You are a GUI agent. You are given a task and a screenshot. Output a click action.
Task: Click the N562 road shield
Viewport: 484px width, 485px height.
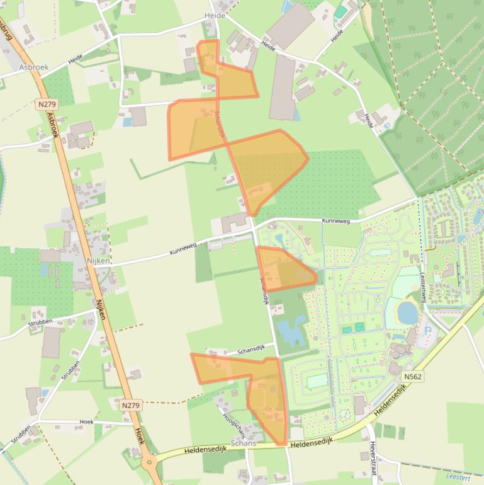pos(413,377)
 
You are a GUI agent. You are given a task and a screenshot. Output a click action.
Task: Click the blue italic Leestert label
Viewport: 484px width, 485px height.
pos(458,477)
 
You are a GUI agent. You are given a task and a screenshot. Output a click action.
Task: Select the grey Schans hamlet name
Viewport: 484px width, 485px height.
pos(244,443)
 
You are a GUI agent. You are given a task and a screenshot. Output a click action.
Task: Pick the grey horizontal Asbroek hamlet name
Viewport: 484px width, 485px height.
pos(33,67)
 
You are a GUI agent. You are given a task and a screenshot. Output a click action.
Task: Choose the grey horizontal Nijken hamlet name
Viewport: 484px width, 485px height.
pos(99,260)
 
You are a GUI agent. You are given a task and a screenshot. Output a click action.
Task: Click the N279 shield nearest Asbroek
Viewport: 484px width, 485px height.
pos(45,104)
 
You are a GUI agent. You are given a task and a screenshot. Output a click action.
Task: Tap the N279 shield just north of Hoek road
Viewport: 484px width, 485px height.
pos(130,406)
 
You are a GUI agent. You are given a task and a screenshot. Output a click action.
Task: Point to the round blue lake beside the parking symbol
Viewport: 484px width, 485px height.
pos(408,312)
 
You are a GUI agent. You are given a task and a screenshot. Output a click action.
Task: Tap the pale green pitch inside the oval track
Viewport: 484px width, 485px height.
pos(317,381)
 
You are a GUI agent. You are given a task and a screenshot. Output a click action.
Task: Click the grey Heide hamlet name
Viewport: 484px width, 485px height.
pos(215,15)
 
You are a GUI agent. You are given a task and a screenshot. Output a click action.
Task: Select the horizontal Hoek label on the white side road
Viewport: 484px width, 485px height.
pos(86,422)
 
